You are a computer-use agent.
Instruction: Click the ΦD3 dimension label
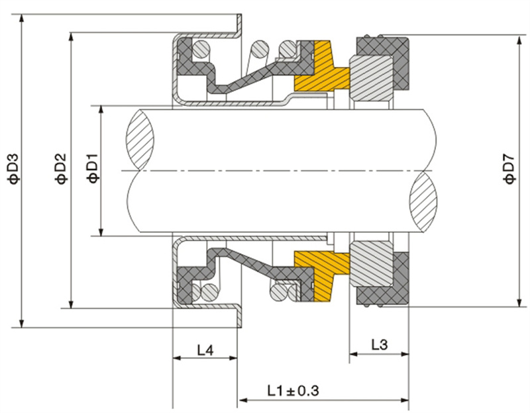coord(14,169)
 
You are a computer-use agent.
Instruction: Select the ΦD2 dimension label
coord(61,169)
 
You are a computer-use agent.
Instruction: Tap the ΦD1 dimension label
coord(92,168)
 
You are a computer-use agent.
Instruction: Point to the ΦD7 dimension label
coord(509,169)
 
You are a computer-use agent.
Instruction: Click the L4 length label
coord(205,350)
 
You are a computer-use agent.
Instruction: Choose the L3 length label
coord(379,345)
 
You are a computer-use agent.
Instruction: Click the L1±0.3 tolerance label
coord(293,390)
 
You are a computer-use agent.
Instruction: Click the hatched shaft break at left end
coord(140,140)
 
